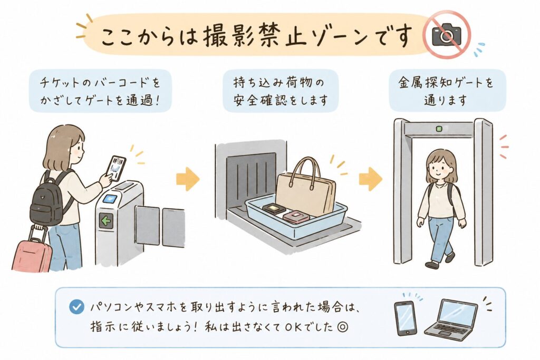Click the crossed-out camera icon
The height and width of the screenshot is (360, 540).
click(x=447, y=34)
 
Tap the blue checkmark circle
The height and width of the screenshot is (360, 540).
click(x=76, y=307)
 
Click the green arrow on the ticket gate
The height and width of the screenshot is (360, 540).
click(x=105, y=221)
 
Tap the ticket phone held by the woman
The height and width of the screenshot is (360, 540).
click(x=117, y=168)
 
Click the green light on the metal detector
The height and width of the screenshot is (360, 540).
click(x=439, y=129)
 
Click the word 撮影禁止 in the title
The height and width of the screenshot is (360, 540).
click(x=255, y=35)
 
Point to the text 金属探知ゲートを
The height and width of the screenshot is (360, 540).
click(x=446, y=83)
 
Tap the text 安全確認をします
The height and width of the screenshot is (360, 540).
click(x=281, y=100)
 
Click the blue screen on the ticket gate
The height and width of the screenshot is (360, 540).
click(x=110, y=199)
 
